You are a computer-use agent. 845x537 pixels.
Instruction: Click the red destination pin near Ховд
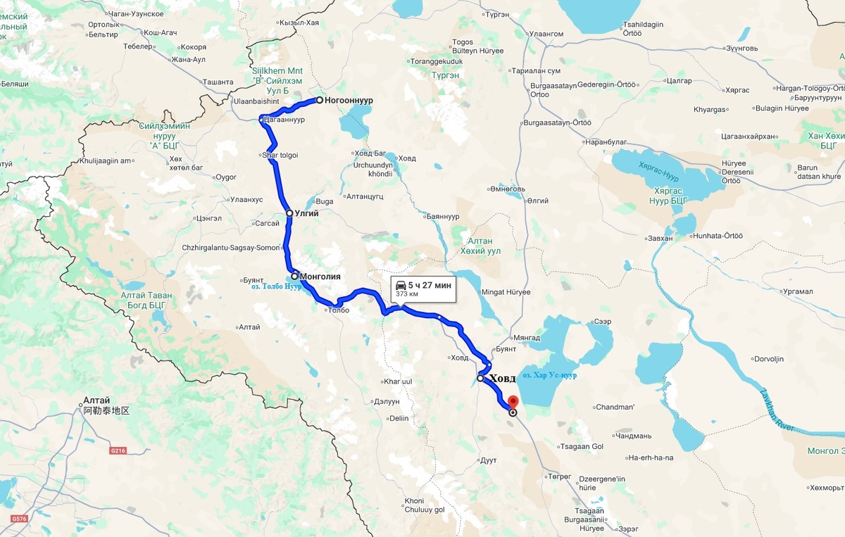513,402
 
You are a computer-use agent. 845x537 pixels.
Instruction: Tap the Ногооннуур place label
349,101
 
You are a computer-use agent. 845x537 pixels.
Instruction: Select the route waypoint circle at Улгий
289,213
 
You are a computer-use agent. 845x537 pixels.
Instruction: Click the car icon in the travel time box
400,285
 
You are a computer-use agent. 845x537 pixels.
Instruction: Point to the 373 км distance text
407,294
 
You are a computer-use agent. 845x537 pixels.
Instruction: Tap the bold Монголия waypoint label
320,277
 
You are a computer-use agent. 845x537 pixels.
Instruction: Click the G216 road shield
118,450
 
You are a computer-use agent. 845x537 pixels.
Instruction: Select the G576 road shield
19,519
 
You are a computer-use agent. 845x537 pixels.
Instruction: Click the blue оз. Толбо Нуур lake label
271,286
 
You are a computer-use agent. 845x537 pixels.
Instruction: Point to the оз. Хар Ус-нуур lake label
549,375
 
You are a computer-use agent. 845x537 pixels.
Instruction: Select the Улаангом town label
546,33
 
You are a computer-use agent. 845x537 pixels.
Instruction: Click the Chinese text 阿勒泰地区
106,410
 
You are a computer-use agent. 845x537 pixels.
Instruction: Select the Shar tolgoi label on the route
280,155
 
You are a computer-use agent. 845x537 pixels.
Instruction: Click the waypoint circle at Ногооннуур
319,100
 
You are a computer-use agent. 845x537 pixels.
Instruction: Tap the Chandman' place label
615,407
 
